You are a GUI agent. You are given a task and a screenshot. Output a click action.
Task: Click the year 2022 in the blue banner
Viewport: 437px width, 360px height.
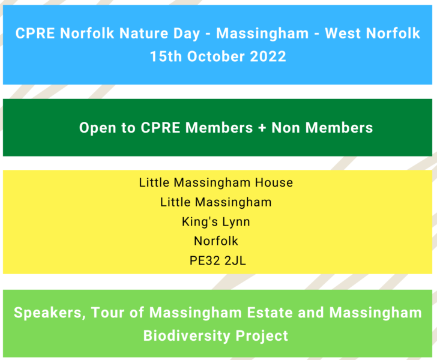[268, 56]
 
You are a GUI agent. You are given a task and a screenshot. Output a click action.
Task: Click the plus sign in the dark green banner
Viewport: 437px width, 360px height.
[262, 128]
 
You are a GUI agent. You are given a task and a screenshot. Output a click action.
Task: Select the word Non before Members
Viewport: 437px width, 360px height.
[288, 128]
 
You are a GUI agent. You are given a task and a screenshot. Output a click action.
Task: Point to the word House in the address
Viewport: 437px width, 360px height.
[273, 182]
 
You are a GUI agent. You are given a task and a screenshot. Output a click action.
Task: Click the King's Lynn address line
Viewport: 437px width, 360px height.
[216, 221]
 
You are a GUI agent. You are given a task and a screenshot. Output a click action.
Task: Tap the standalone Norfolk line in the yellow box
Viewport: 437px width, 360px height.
[216, 241]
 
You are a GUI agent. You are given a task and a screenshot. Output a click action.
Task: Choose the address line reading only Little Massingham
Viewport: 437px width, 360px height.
[216, 202]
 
